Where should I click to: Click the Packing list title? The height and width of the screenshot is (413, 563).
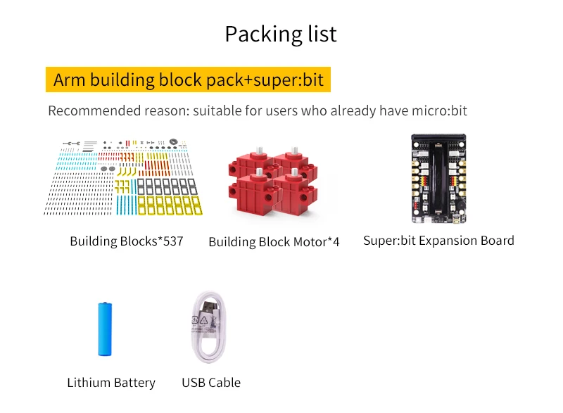point(281,34)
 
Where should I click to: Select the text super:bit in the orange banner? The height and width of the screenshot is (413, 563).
point(289,80)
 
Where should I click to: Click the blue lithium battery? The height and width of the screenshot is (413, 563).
point(104,329)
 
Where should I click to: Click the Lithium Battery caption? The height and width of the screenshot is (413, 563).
point(111,383)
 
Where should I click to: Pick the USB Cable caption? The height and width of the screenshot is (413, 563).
point(211,383)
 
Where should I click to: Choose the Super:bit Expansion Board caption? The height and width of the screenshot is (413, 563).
point(438,241)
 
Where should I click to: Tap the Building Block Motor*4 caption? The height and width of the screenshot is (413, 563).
point(274,242)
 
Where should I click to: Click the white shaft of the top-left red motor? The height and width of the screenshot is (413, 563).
point(259,153)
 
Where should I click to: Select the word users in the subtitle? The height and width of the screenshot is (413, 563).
point(281,110)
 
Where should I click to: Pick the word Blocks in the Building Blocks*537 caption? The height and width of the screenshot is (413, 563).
point(139,241)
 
